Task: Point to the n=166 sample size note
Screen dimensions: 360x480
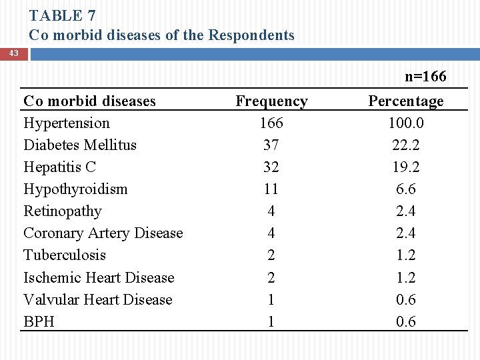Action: tap(425, 77)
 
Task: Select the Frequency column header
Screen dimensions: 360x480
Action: tap(271, 101)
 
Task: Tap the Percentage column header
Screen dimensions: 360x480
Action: tap(405, 101)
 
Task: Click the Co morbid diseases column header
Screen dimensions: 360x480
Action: tap(89, 101)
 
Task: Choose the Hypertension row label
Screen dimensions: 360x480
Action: tap(67, 123)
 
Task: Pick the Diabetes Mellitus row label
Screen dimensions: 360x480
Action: tap(80, 145)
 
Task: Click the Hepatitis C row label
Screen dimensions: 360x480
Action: tap(59, 167)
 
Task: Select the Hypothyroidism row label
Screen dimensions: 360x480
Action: tap(75, 189)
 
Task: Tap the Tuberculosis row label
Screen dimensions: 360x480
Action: tap(65, 255)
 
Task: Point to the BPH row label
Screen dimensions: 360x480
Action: tap(39, 322)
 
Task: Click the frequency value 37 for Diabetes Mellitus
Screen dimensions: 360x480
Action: tap(271, 145)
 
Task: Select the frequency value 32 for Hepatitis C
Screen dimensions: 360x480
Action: tap(271, 167)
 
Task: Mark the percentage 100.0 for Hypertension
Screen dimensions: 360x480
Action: tap(405, 123)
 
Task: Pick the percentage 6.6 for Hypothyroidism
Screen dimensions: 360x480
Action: tap(405, 189)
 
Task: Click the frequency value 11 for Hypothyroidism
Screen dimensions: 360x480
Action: tap(271, 189)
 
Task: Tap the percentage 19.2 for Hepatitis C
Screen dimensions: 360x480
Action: tap(405, 167)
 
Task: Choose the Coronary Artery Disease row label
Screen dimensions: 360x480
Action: tap(103, 233)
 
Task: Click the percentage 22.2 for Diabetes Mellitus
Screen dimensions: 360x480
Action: tap(405, 145)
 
